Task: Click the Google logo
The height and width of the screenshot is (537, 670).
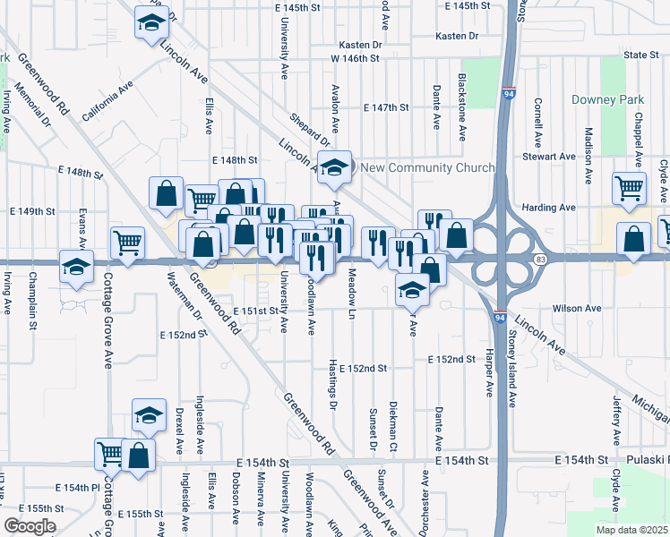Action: click(x=30, y=526)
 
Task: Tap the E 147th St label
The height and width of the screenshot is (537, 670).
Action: click(x=386, y=107)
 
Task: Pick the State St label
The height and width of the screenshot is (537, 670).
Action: click(x=641, y=55)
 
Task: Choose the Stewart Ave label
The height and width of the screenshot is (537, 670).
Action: click(x=555, y=156)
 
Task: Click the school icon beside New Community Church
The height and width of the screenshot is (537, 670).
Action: click(x=334, y=169)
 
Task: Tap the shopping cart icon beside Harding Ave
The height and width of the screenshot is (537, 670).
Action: click(x=630, y=189)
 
